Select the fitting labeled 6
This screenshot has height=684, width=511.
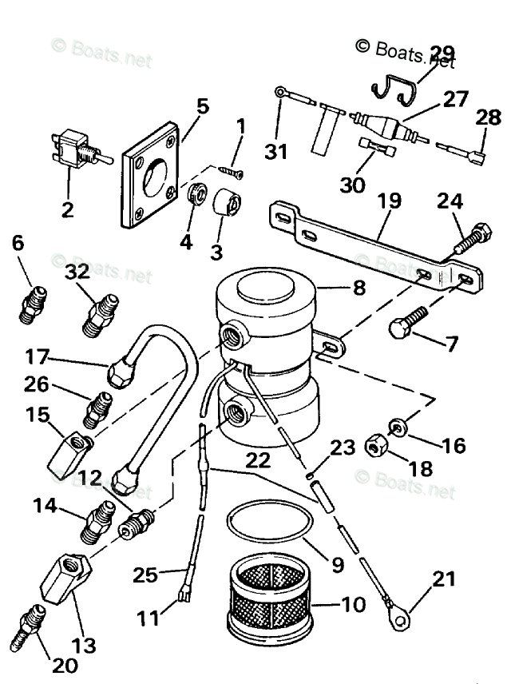[34, 303]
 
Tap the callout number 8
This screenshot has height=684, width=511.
[358, 287]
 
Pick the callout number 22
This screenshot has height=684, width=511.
[257, 460]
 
